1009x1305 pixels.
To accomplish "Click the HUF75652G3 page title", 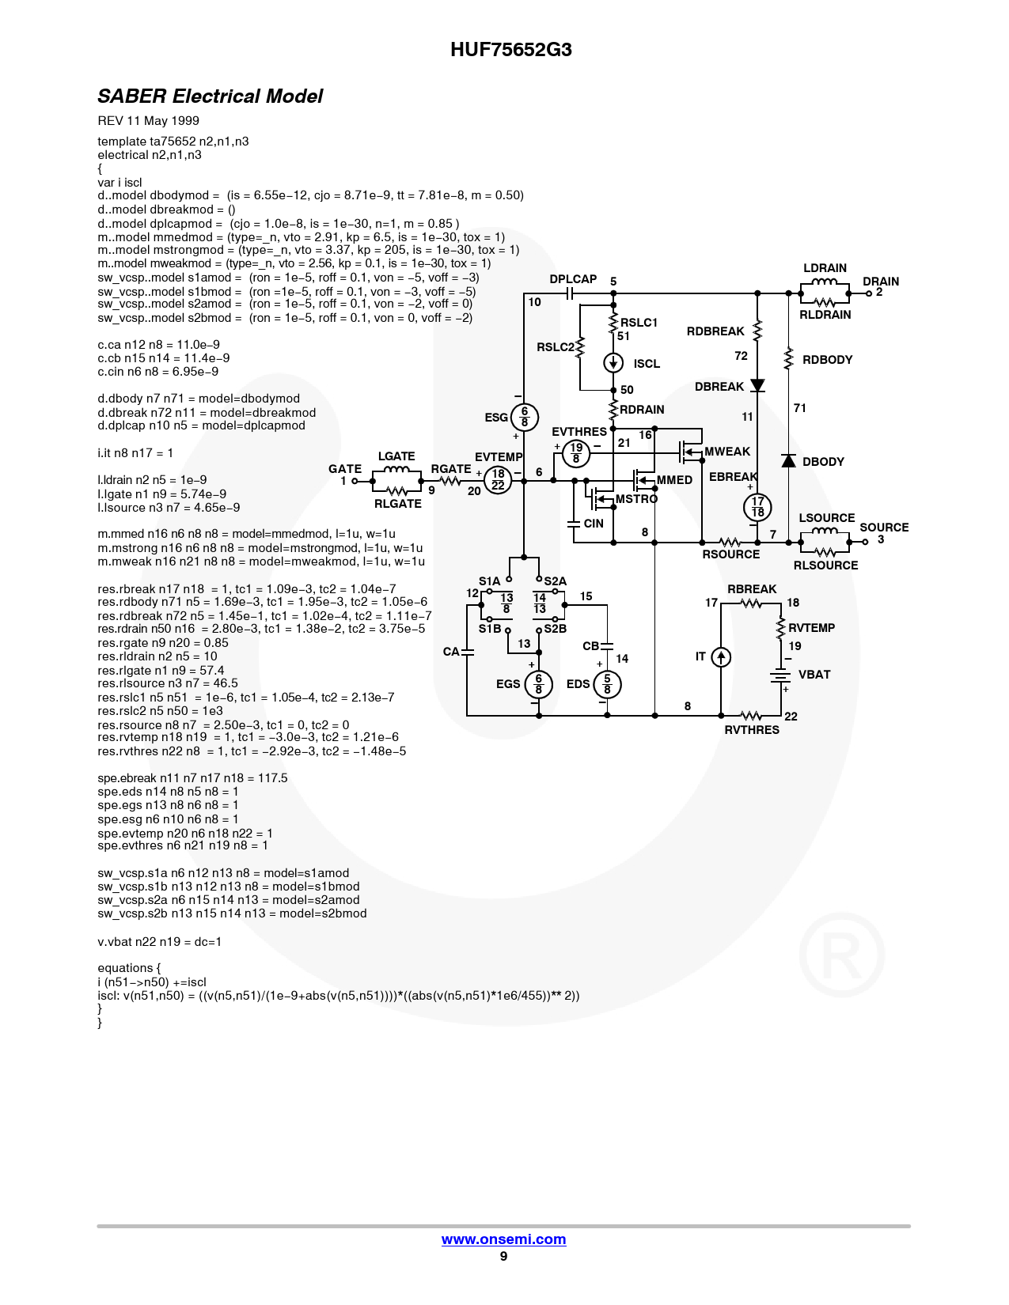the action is (510, 49).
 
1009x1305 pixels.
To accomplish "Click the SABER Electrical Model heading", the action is (210, 96).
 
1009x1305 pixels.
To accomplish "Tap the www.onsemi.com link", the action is (503, 1239).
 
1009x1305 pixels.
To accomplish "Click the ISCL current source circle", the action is (613, 363).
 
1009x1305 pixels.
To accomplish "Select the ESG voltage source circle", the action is (524, 417).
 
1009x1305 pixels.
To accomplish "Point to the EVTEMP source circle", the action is (498, 480).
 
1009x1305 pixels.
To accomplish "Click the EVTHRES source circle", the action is (575, 454).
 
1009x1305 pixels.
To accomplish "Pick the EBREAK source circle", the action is (757, 507).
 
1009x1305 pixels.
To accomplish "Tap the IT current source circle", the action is (721, 657).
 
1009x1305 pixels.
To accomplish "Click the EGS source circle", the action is (538, 684).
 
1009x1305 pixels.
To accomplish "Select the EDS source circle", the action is (607, 684).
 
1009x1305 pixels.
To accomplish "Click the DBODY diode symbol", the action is (788, 460).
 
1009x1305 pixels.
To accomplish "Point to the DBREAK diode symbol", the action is (758, 385).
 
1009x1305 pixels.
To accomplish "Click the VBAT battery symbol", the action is (780, 675).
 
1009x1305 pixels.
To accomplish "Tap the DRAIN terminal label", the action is (880, 281).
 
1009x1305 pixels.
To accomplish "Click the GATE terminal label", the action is (345, 468).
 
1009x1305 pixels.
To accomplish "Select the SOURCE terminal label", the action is (884, 528).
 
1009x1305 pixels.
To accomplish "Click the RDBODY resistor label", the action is (828, 360).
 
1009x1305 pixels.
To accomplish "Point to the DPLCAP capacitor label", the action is (573, 279).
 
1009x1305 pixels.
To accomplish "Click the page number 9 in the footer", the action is (503, 1256).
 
